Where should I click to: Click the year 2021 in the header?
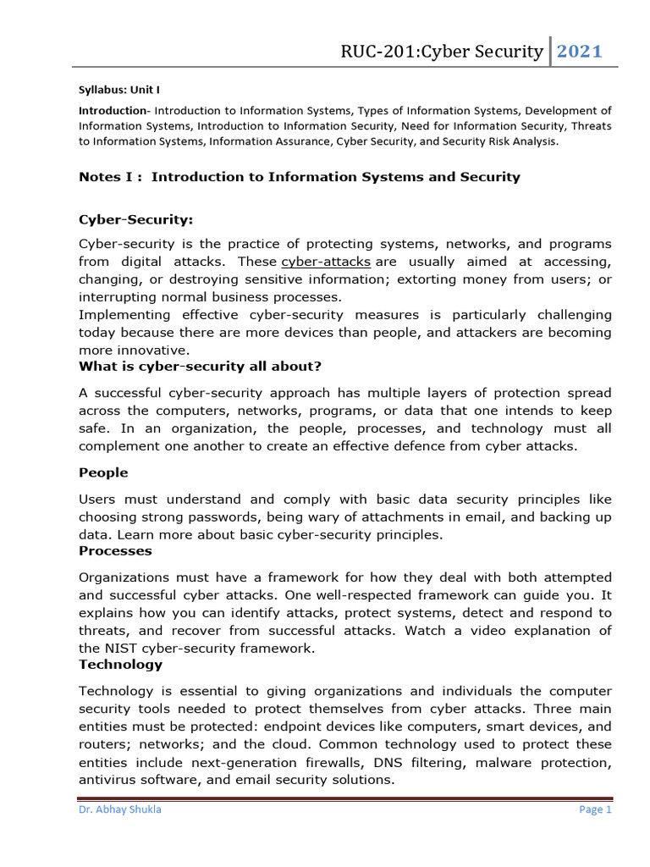point(580,52)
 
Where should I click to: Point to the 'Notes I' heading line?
point(299,177)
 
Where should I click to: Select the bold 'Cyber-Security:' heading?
point(135,220)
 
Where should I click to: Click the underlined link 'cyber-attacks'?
point(326,262)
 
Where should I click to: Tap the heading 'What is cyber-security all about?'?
point(200,367)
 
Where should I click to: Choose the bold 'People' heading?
point(103,472)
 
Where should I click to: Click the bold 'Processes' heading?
point(115,550)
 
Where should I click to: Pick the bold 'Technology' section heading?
point(120,665)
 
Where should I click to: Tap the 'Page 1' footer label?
point(595,809)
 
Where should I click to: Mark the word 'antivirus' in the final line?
point(107,781)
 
